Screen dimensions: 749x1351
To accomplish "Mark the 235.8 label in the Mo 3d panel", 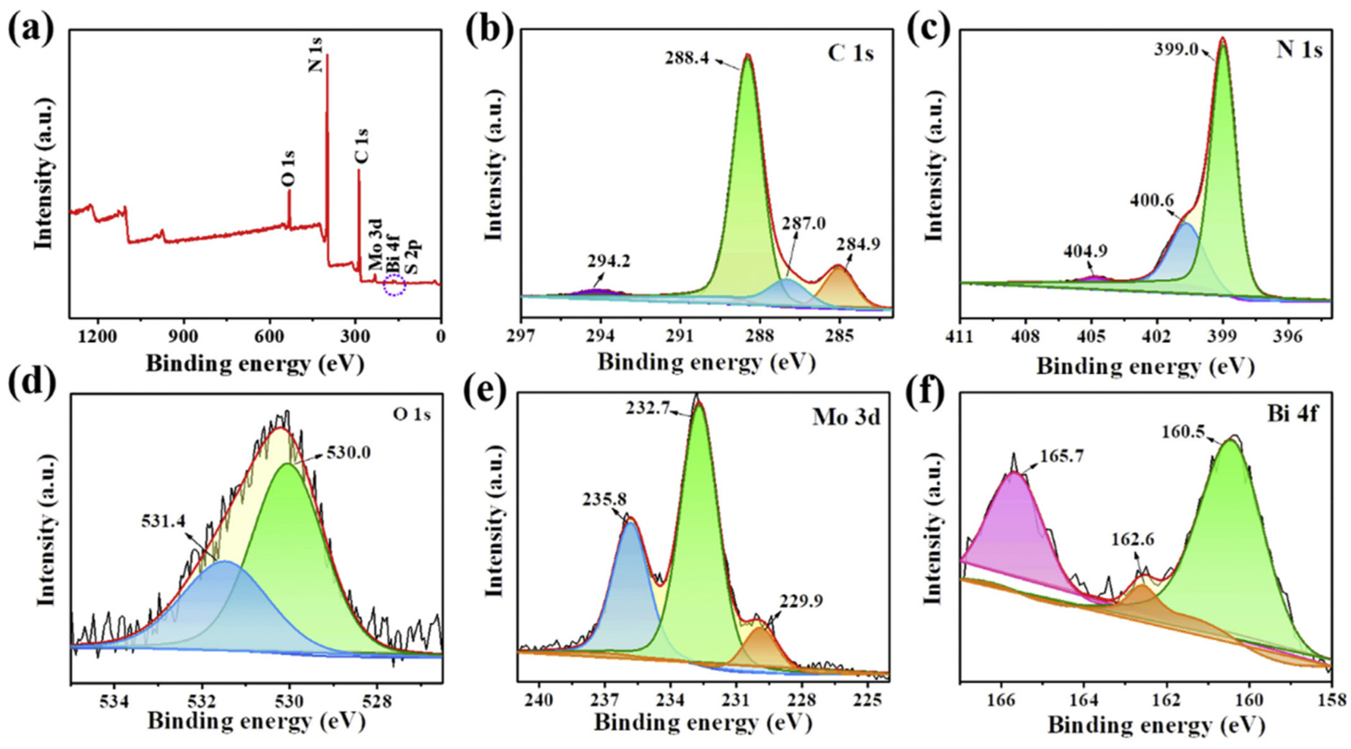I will tap(604, 499).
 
